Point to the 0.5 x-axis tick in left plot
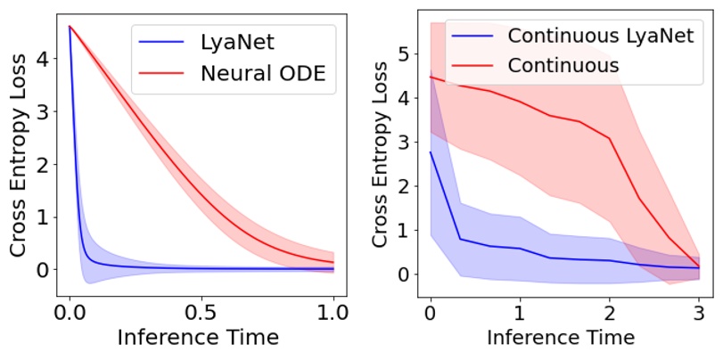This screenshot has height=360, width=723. (x=201, y=315)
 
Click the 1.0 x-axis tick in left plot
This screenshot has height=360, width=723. (x=333, y=315)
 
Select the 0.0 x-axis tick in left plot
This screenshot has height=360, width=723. (x=70, y=315)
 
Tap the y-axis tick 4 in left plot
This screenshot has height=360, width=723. (x=42, y=59)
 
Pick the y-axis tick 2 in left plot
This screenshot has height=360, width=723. (x=42, y=164)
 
